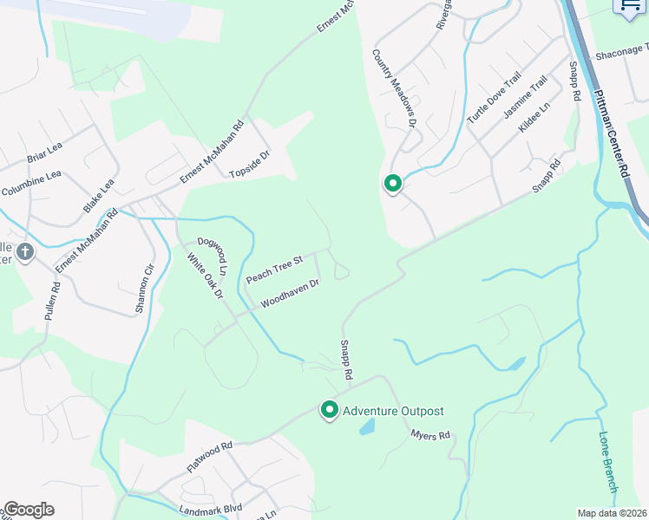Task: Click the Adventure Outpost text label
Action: pos(393,411)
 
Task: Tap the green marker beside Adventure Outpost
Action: pos(330,409)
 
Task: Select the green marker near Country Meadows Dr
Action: pos(392,184)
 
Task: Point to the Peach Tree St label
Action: pos(273,270)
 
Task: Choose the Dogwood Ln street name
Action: pos(212,257)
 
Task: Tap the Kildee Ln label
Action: pos(534,118)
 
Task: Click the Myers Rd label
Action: pos(430,434)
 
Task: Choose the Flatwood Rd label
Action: pos(210,457)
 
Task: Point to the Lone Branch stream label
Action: pos(607,462)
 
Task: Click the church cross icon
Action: pos(25,252)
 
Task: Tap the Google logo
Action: pos(29,510)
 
